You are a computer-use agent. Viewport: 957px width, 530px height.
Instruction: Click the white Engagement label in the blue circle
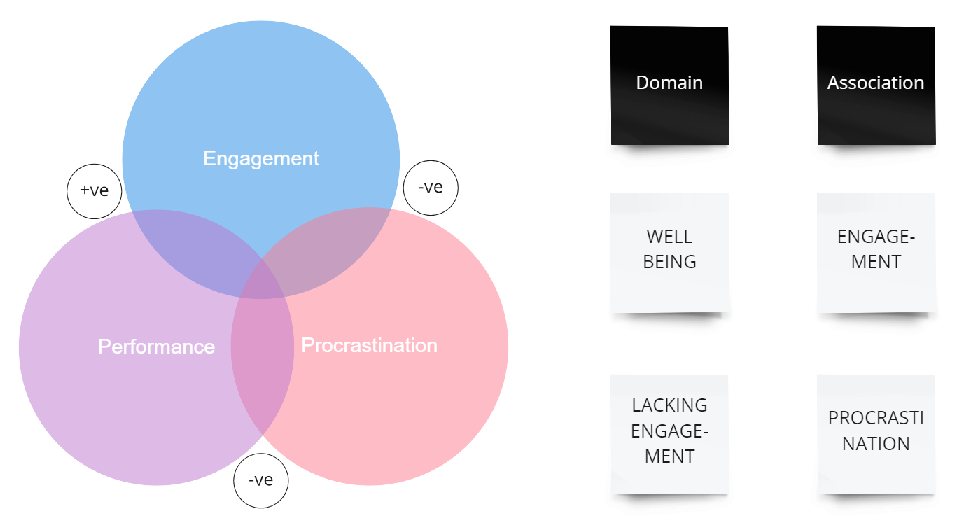click(260, 158)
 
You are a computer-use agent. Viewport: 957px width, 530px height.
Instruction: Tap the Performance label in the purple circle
click(156, 347)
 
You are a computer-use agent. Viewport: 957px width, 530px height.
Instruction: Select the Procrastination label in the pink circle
click(369, 345)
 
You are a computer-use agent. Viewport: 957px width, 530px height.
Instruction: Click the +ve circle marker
click(94, 190)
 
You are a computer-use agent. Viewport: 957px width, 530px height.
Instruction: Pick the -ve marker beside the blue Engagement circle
click(431, 188)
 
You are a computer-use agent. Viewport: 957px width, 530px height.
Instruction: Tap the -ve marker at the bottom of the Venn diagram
click(260, 480)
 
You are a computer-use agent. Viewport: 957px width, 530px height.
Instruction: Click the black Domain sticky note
click(669, 85)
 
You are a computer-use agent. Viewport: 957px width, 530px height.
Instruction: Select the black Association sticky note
click(876, 85)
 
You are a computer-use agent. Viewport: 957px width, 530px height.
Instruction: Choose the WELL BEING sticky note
click(670, 252)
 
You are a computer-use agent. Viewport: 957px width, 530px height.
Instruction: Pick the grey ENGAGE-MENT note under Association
click(876, 252)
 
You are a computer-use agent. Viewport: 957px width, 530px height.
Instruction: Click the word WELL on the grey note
click(669, 237)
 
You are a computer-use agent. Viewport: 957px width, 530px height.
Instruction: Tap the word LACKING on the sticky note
click(669, 405)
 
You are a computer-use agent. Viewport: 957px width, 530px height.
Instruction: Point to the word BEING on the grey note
click(669, 262)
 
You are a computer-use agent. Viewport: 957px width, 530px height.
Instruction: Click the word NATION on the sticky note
click(876, 444)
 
